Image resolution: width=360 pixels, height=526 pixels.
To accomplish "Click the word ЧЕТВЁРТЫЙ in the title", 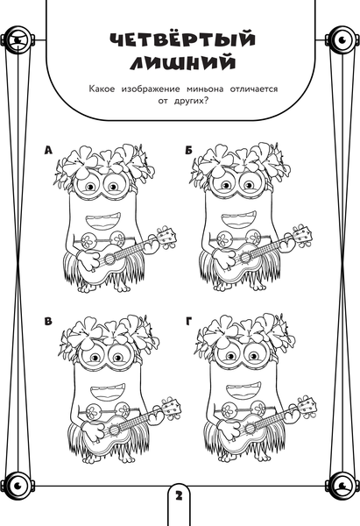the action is pyautogui.click(x=183, y=39).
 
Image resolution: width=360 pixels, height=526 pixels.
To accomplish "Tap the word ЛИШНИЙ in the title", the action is pyautogui.click(x=183, y=63).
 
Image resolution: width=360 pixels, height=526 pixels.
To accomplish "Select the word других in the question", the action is pyautogui.click(x=189, y=102).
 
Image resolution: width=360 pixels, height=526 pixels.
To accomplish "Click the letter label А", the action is pyautogui.click(x=48, y=151).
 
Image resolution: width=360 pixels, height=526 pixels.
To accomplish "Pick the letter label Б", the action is pyautogui.click(x=188, y=151).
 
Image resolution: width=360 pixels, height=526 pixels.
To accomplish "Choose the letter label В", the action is pyautogui.click(x=48, y=322).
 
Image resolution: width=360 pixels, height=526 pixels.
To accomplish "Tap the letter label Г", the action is pyautogui.click(x=188, y=322).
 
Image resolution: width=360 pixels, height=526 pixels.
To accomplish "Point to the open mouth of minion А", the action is pyautogui.click(x=103, y=220).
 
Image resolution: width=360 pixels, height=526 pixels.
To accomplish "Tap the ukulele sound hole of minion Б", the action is pyautogui.click(x=245, y=258).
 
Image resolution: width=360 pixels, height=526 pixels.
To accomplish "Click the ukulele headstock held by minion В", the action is pyautogui.click(x=172, y=407).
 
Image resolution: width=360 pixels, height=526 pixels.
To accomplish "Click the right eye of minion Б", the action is pyautogui.click(x=249, y=185).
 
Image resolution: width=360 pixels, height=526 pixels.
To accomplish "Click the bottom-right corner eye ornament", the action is pyautogui.click(x=342, y=485).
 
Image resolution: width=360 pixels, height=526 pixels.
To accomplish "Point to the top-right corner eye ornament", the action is pyautogui.click(x=342, y=40).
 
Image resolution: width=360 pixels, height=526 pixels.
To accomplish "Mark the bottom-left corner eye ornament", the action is pyautogui.click(x=18, y=485).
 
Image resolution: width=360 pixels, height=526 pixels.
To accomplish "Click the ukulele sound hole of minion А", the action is pyautogui.click(x=109, y=259).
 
